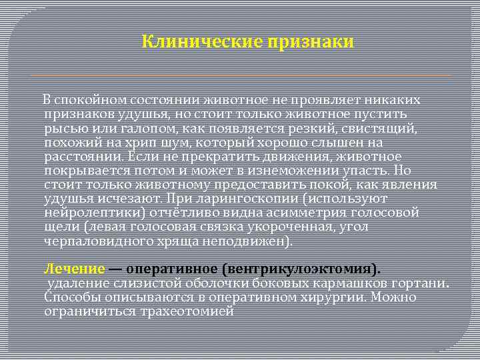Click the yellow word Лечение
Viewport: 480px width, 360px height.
75,269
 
